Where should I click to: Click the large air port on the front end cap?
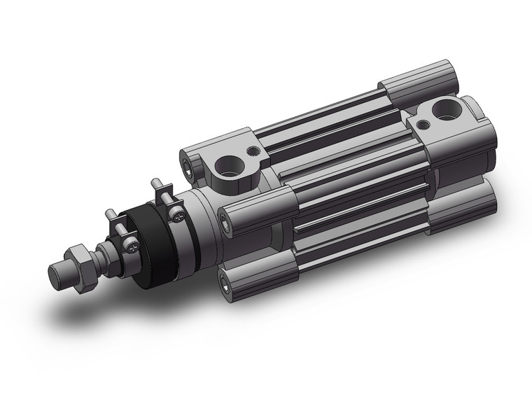pos(229,167)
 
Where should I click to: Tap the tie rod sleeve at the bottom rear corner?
pos(462,209)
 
